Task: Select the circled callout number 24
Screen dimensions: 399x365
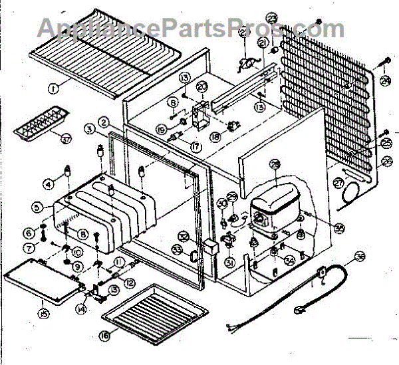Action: pyautogui.click(x=386, y=81)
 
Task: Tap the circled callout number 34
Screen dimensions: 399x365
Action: pyautogui.click(x=289, y=260)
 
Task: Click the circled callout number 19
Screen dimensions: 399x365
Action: pyautogui.click(x=162, y=129)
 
